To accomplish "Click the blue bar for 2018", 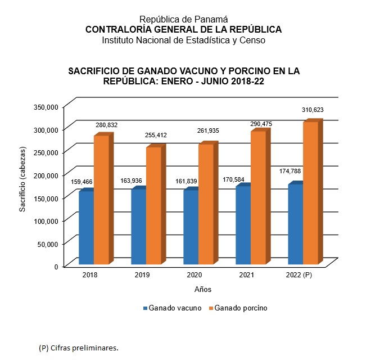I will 86,228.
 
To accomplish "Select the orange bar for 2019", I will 153,205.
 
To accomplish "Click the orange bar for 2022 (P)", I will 310,192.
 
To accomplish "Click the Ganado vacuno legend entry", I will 172,308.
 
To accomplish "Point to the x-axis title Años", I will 203,289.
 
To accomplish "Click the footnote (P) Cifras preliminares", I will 79,348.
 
